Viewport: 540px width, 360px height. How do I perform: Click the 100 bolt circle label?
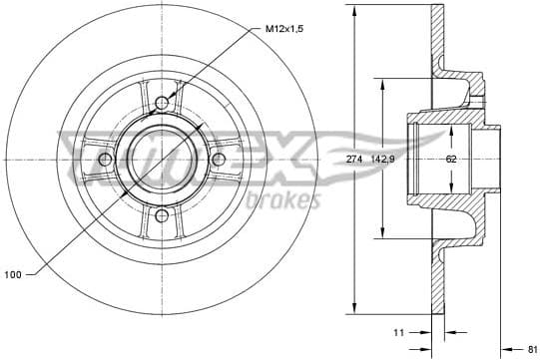tap(13, 274)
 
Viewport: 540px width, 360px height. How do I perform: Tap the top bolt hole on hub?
tap(164, 102)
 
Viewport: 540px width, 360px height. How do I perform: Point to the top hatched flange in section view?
tap(435, 40)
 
